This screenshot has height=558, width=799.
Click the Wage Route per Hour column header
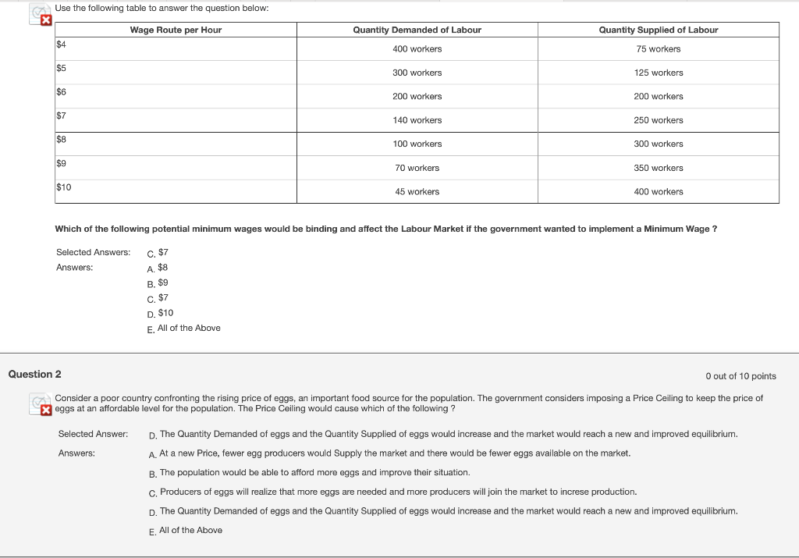(x=176, y=30)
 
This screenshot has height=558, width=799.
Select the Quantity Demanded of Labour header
(x=417, y=30)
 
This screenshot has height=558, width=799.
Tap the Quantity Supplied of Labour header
(x=658, y=30)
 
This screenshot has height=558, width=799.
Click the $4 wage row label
(x=61, y=44)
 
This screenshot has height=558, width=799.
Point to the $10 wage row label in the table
(x=64, y=187)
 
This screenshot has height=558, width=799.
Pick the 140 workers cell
(x=417, y=120)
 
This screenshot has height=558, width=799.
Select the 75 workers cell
(x=658, y=49)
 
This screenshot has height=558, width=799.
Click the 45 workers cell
(x=417, y=192)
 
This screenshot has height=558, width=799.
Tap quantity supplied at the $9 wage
(x=658, y=168)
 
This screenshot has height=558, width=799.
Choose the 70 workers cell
(x=417, y=168)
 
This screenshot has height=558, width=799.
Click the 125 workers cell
(x=658, y=73)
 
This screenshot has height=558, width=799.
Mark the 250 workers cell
(x=658, y=120)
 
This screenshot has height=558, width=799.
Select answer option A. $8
(x=158, y=267)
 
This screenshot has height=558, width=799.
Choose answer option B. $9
(x=158, y=283)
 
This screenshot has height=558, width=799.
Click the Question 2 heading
(x=34, y=375)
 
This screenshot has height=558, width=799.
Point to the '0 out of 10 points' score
(x=740, y=376)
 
